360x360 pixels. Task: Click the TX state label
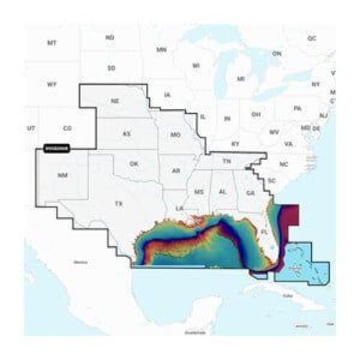[x=118, y=204]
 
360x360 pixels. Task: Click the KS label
[x=127, y=135]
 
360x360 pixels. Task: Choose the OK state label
[x=133, y=163]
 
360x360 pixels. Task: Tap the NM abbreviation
[x=63, y=175]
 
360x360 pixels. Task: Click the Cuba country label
[x=289, y=295]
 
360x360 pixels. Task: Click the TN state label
[x=226, y=162]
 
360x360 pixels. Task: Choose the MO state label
[x=174, y=135]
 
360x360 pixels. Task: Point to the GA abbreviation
[x=249, y=192]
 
